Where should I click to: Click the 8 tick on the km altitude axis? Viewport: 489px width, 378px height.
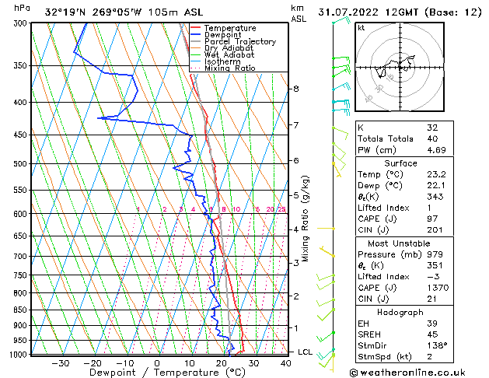click(295, 89)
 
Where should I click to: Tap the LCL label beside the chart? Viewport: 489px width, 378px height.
click(306, 352)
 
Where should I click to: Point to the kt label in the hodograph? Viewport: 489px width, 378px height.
click(361, 28)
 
